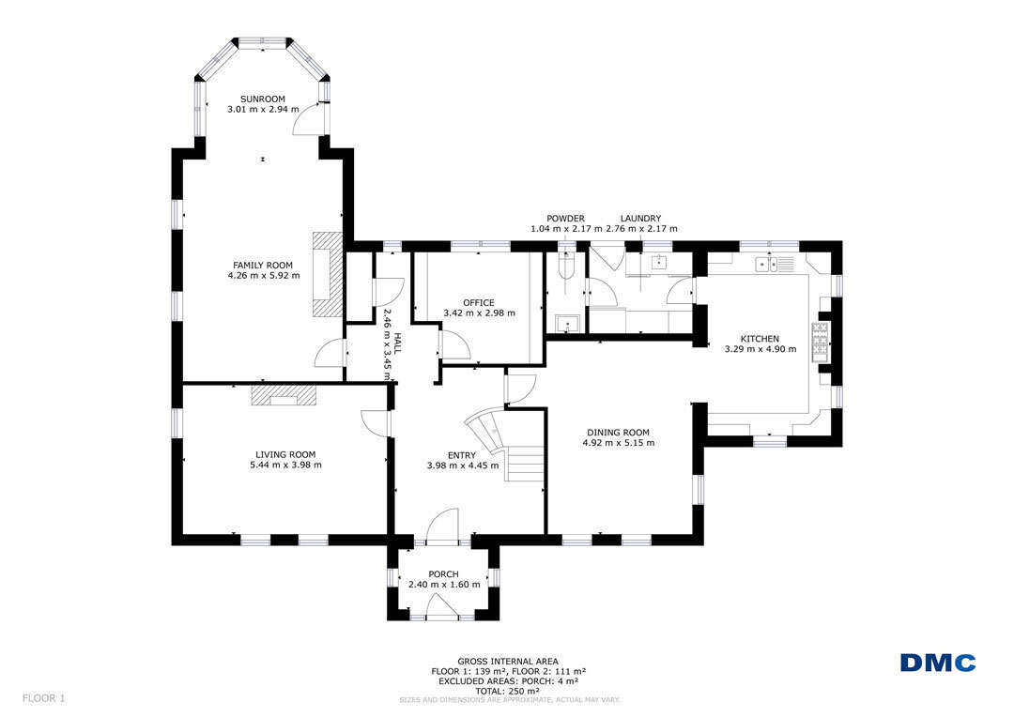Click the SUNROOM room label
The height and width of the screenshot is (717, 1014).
[x=263, y=99]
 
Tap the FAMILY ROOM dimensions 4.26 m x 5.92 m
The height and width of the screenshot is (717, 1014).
[x=263, y=275]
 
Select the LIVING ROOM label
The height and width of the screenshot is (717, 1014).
[x=285, y=454]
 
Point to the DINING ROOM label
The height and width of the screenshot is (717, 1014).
[x=618, y=433]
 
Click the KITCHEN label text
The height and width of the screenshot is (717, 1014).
[x=760, y=339]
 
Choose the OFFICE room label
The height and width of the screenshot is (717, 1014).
[x=479, y=302]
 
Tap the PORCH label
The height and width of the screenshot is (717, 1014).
[x=443, y=574]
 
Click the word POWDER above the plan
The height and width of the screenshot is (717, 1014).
[x=565, y=219]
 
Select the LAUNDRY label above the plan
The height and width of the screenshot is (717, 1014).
[x=641, y=219]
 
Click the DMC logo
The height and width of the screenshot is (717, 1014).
[x=938, y=663]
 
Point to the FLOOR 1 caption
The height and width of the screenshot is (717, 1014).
[x=44, y=698]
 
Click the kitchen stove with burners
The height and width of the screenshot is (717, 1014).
[x=820, y=341]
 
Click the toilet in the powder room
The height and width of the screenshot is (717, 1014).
[x=566, y=264]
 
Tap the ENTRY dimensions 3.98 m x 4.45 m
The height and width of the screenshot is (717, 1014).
[x=462, y=465]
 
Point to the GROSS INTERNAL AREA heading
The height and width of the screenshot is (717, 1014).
[x=508, y=662]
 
